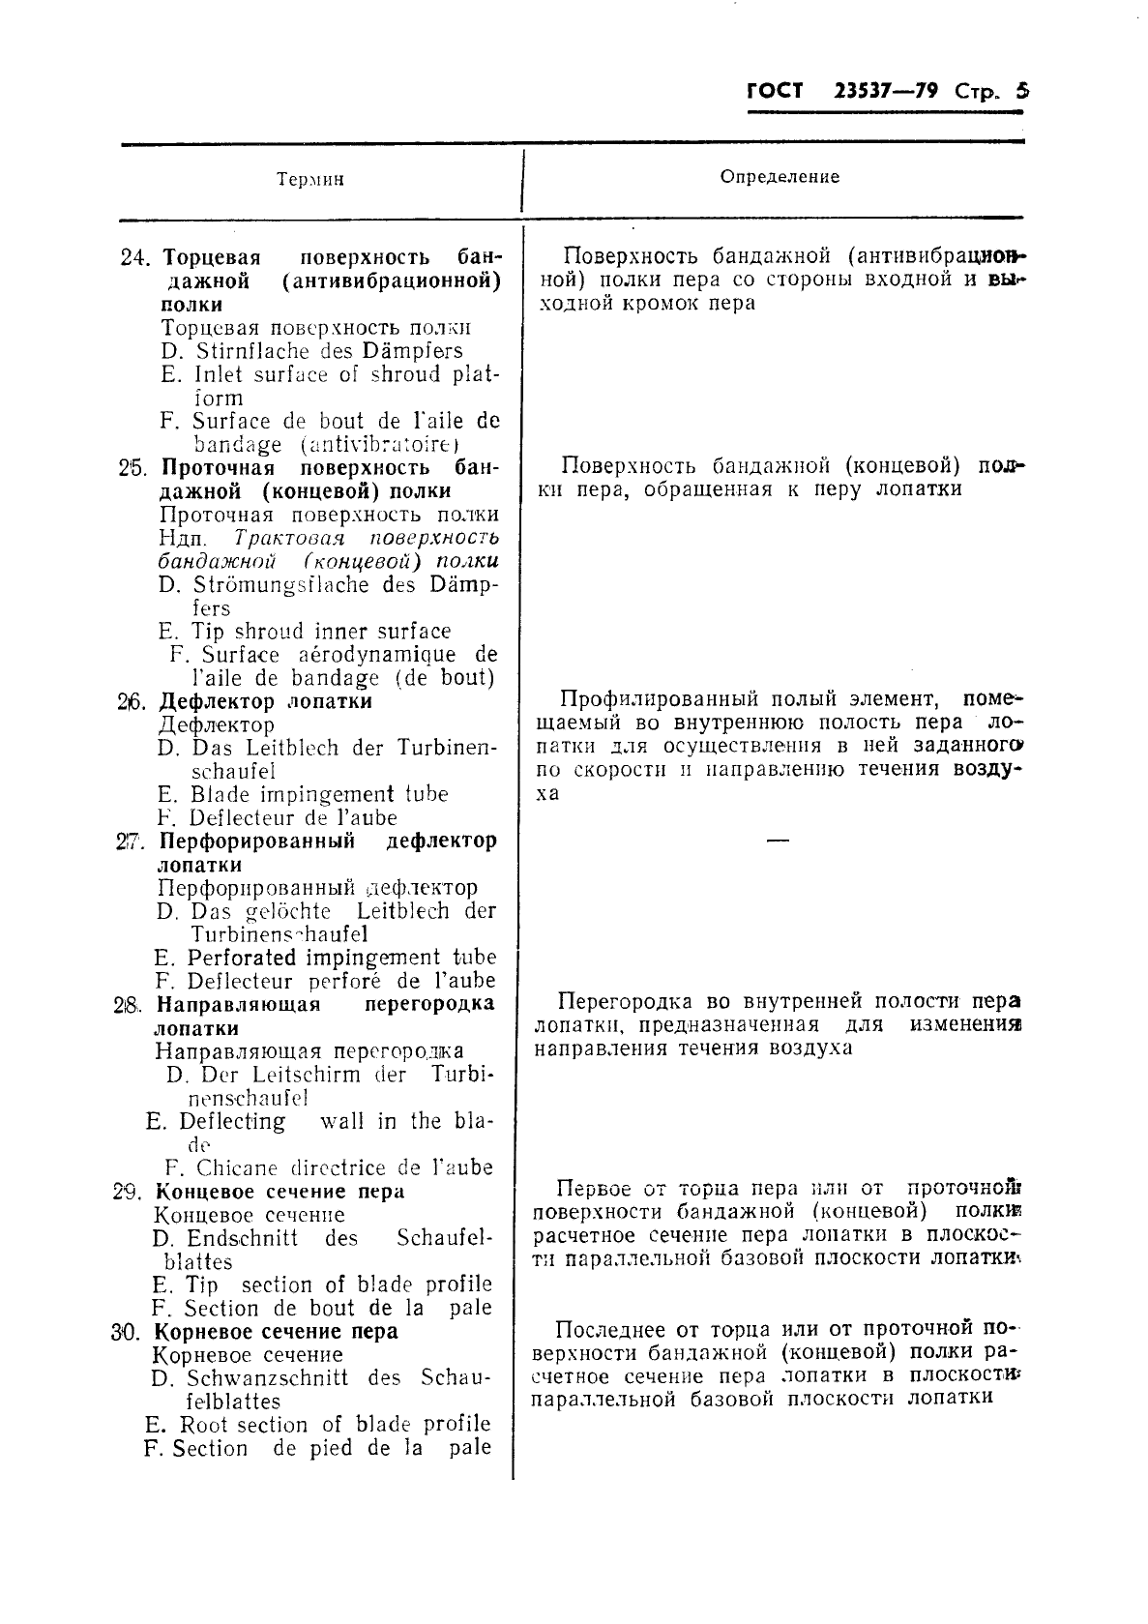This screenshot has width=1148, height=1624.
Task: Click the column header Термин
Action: point(310,180)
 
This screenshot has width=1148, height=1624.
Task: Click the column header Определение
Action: point(780,177)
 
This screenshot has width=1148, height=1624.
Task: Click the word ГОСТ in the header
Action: point(775,92)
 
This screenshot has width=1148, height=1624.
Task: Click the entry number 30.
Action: point(126,1332)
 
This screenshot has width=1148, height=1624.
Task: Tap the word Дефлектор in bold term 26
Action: point(212,701)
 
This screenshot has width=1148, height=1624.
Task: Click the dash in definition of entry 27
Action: point(778,841)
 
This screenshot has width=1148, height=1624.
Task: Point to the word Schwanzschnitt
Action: point(267,1378)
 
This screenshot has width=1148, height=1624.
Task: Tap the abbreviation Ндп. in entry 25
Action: point(181,539)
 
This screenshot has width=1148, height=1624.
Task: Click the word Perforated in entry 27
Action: point(241,958)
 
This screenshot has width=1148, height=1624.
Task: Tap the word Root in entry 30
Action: point(203,1425)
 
